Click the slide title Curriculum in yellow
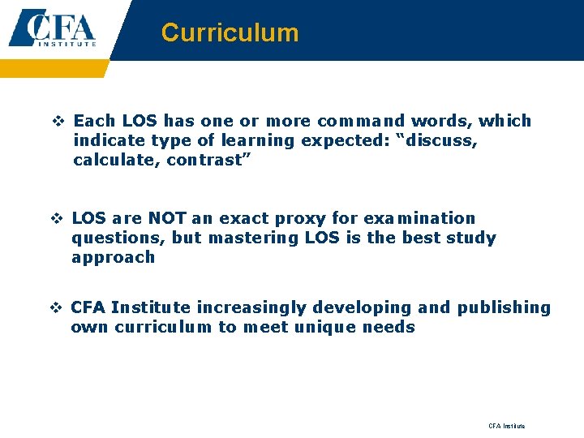click(230, 32)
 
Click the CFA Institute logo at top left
click(53, 29)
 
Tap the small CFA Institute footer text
click(506, 426)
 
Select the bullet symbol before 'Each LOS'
click(58, 122)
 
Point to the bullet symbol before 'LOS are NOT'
click(58, 219)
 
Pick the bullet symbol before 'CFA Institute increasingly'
click(58, 308)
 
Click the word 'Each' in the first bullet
click(93, 121)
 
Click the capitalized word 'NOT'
click(166, 218)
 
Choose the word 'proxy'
click(324, 218)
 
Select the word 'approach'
click(113, 257)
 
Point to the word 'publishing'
click(504, 307)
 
